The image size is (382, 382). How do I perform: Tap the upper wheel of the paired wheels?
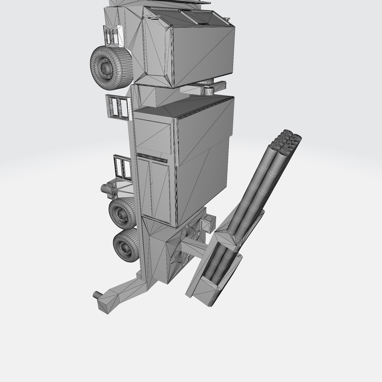pos(122,213)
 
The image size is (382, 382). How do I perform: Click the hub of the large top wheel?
pos(105,66)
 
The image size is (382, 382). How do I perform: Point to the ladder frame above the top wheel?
pos(110,36)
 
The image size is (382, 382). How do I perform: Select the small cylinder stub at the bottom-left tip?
pos(96,294)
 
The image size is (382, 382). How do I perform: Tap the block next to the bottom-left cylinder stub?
pos(107,305)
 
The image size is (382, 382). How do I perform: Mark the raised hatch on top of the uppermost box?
pos(198,16)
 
